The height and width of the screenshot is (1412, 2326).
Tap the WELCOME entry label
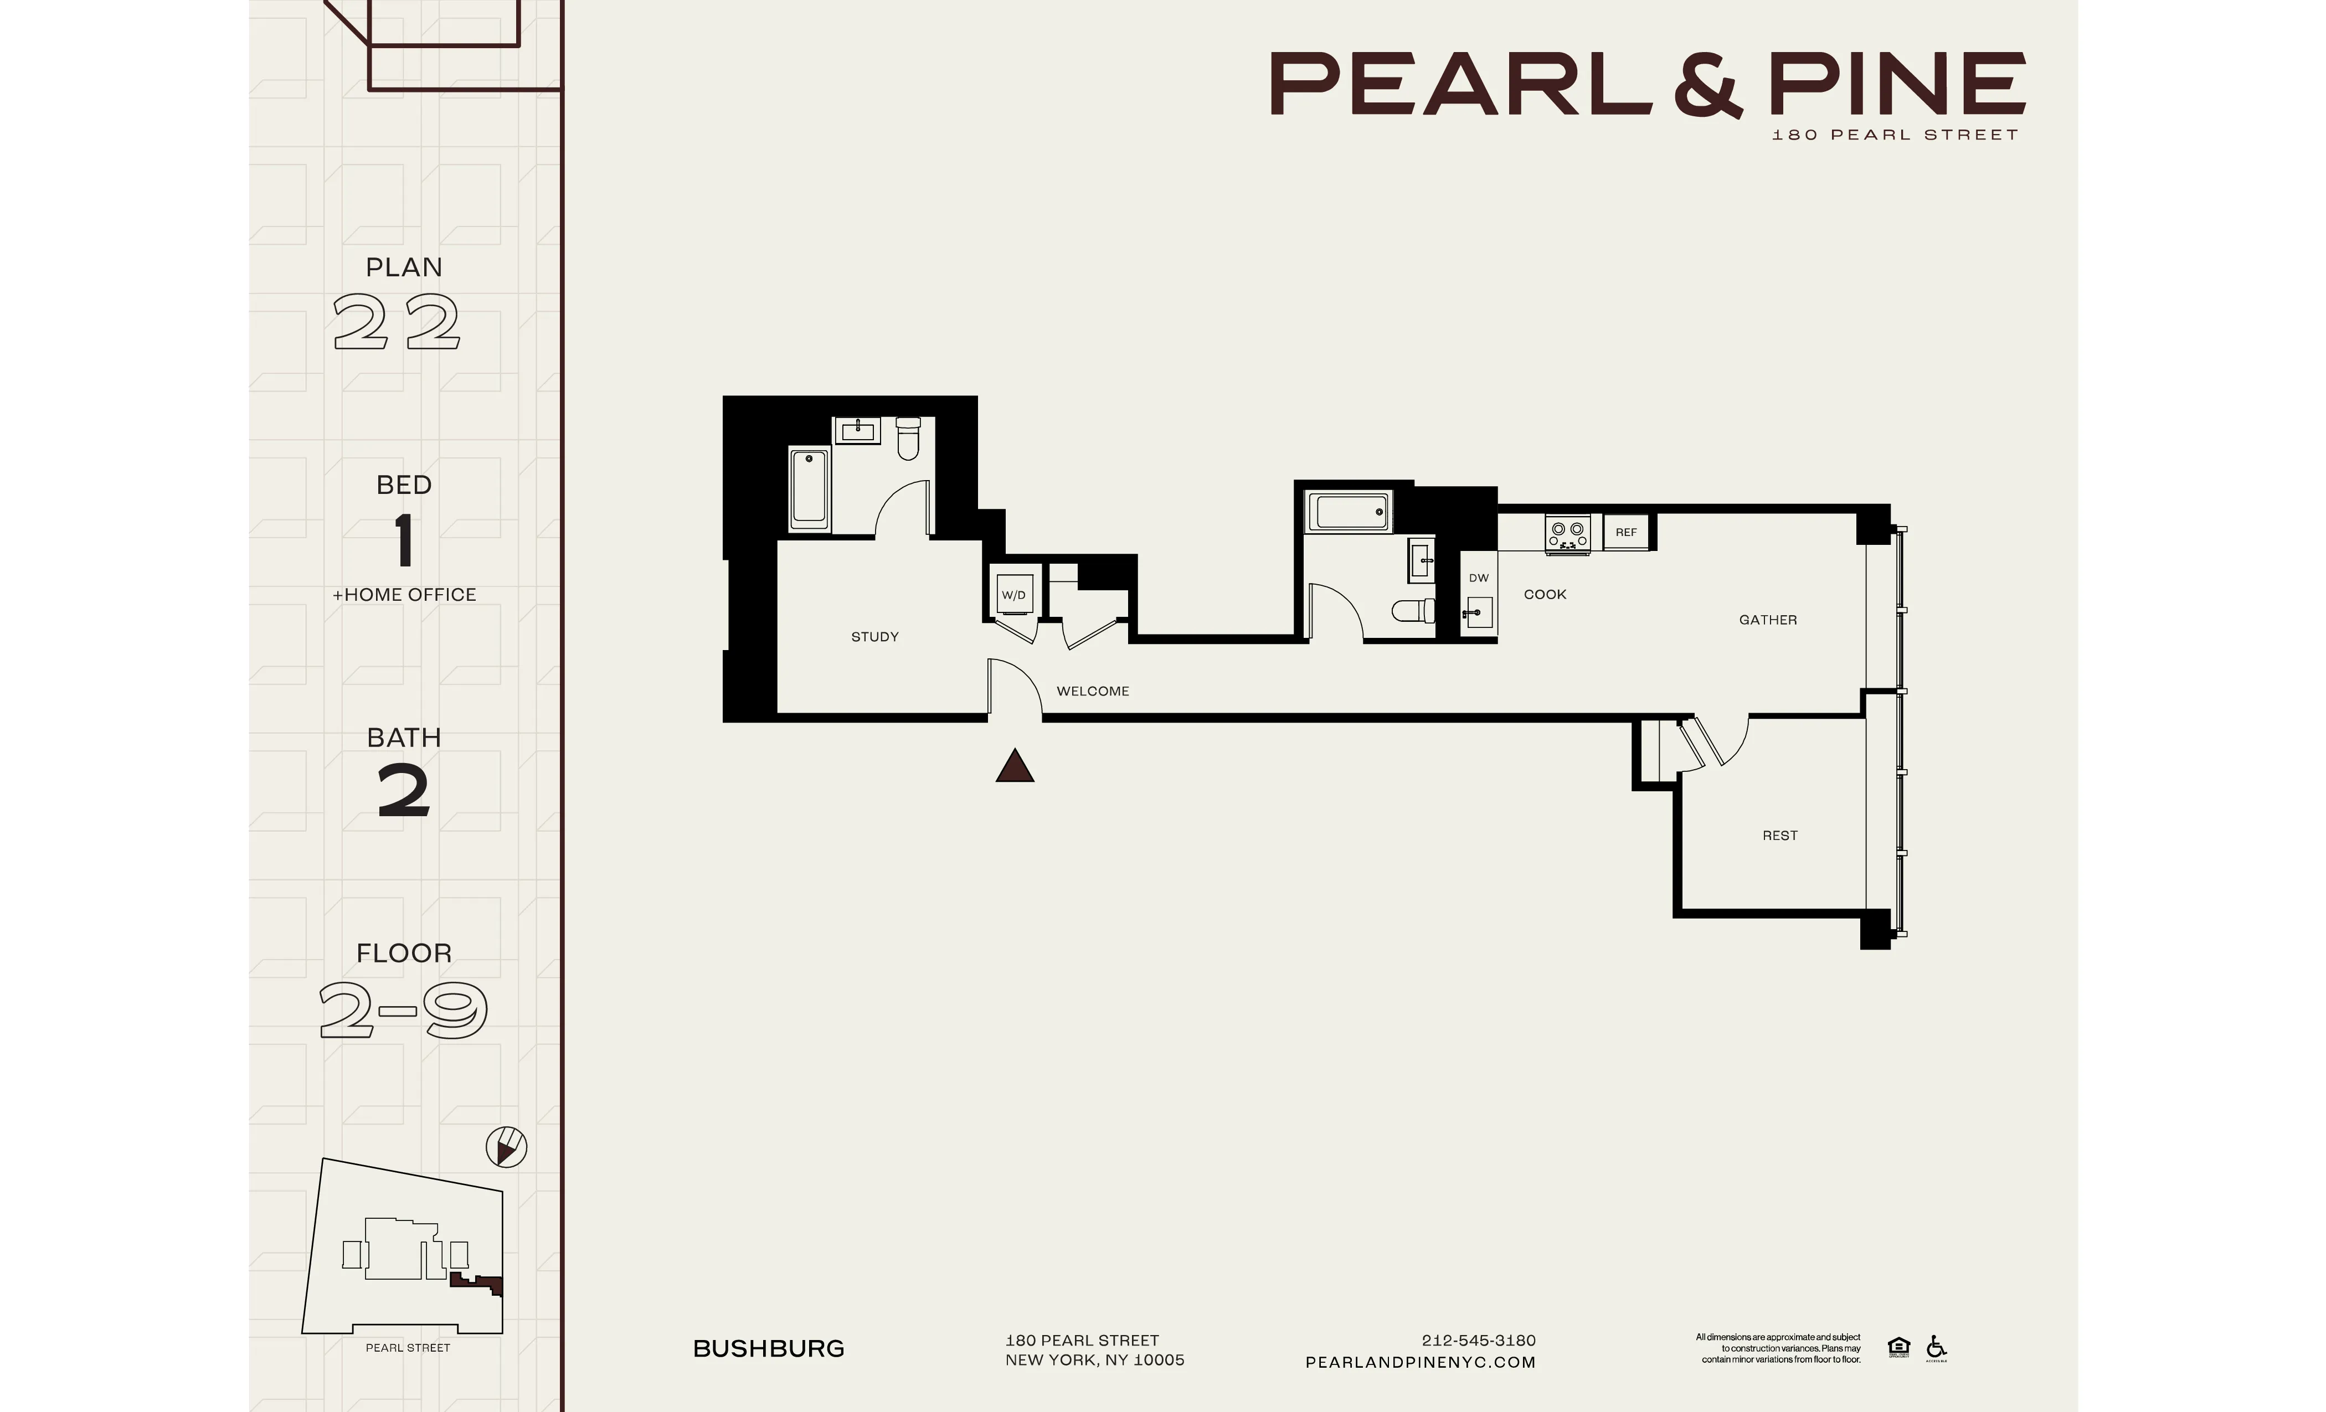[x=1092, y=691]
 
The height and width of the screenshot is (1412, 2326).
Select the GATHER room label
[x=1767, y=620]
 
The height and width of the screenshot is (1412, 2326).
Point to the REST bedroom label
[x=1779, y=836]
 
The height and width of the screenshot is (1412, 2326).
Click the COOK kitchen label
[x=1545, y=595]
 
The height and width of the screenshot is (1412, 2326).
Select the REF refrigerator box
[x=1625, y=532]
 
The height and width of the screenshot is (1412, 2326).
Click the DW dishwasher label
[x=1478, y=578]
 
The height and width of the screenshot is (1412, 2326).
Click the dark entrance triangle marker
[x=1015, y=766]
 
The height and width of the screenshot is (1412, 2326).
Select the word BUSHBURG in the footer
[x=769, y=1349]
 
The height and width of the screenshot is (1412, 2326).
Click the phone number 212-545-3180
[x=1478, y=1340]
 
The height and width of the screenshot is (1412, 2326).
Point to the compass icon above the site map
[x=506, y=1148]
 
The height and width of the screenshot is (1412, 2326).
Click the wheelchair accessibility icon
[x=1936, y=1347]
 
